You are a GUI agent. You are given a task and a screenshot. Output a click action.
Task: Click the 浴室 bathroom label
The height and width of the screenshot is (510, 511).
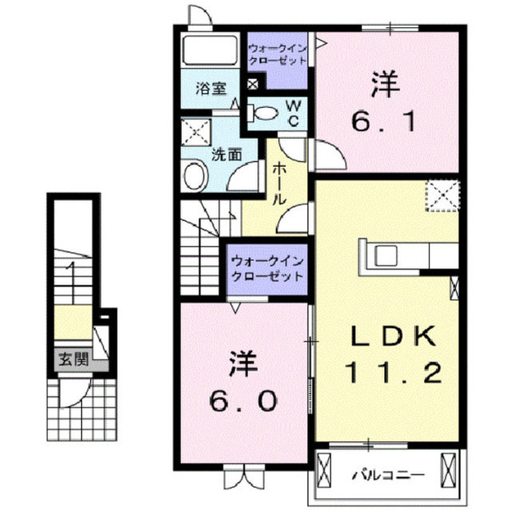[211, 89]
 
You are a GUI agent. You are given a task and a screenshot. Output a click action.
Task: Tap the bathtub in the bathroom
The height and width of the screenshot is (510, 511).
[210, 51]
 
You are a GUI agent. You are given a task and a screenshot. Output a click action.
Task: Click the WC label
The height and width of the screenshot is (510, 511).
[293, 113]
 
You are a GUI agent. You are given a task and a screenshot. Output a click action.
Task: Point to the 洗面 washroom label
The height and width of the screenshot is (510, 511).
[227, 154]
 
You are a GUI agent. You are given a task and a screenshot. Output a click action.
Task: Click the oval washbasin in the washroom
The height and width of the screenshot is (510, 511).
[195, 176]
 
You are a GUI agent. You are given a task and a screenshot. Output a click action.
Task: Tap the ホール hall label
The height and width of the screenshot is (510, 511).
[279, 184]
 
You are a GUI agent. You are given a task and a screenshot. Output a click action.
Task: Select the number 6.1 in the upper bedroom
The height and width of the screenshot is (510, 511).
[384, 121]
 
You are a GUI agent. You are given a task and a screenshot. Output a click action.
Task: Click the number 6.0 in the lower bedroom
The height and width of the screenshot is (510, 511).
[243, 401]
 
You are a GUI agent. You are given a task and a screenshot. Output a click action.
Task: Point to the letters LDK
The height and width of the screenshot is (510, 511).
[393, 336]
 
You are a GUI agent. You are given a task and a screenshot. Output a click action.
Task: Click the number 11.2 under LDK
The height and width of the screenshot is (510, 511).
[393, 373]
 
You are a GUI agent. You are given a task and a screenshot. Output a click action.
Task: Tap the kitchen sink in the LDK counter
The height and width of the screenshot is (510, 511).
[386, 255]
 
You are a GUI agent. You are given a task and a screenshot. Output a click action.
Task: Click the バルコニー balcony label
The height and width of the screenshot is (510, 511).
[388, 475]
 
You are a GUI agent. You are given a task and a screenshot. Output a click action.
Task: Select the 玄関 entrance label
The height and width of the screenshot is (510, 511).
[73, 359]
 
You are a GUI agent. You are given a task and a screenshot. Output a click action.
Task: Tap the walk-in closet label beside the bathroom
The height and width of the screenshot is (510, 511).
[277, 54]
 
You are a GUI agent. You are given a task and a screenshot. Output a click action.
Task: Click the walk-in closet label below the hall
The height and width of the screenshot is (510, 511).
[267, 269]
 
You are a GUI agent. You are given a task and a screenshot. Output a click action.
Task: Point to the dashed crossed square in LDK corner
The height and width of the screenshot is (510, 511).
[442, 196]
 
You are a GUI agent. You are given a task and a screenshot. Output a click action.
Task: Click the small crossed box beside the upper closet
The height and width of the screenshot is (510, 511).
[253, 85]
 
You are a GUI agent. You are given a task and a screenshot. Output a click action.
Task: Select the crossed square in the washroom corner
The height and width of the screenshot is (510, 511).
[196, 132]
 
